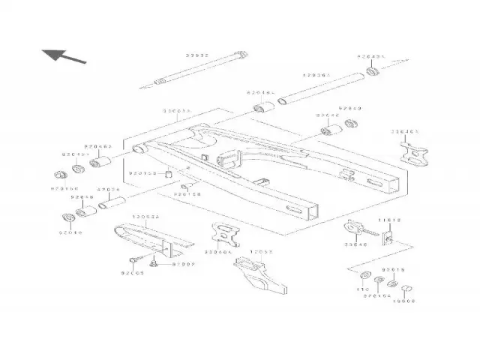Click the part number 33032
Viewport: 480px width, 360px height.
click(196, 55)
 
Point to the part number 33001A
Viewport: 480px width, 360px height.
click(178, 110)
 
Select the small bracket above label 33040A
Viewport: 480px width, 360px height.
click(223, 235)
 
